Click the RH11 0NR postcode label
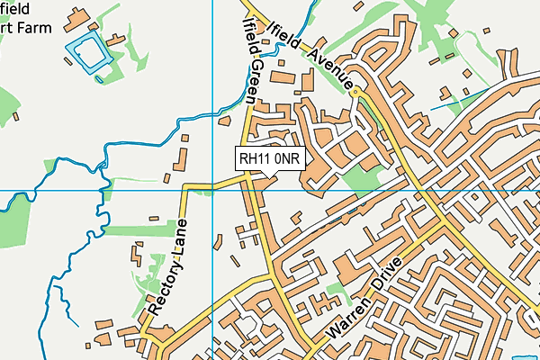click(x=270, y=158)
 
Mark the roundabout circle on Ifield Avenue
click(x=356, y=92)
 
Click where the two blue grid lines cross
click(x=212, y=191)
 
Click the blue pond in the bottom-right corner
click(x=522, y=355)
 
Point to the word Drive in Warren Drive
click(x=386, y=280)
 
